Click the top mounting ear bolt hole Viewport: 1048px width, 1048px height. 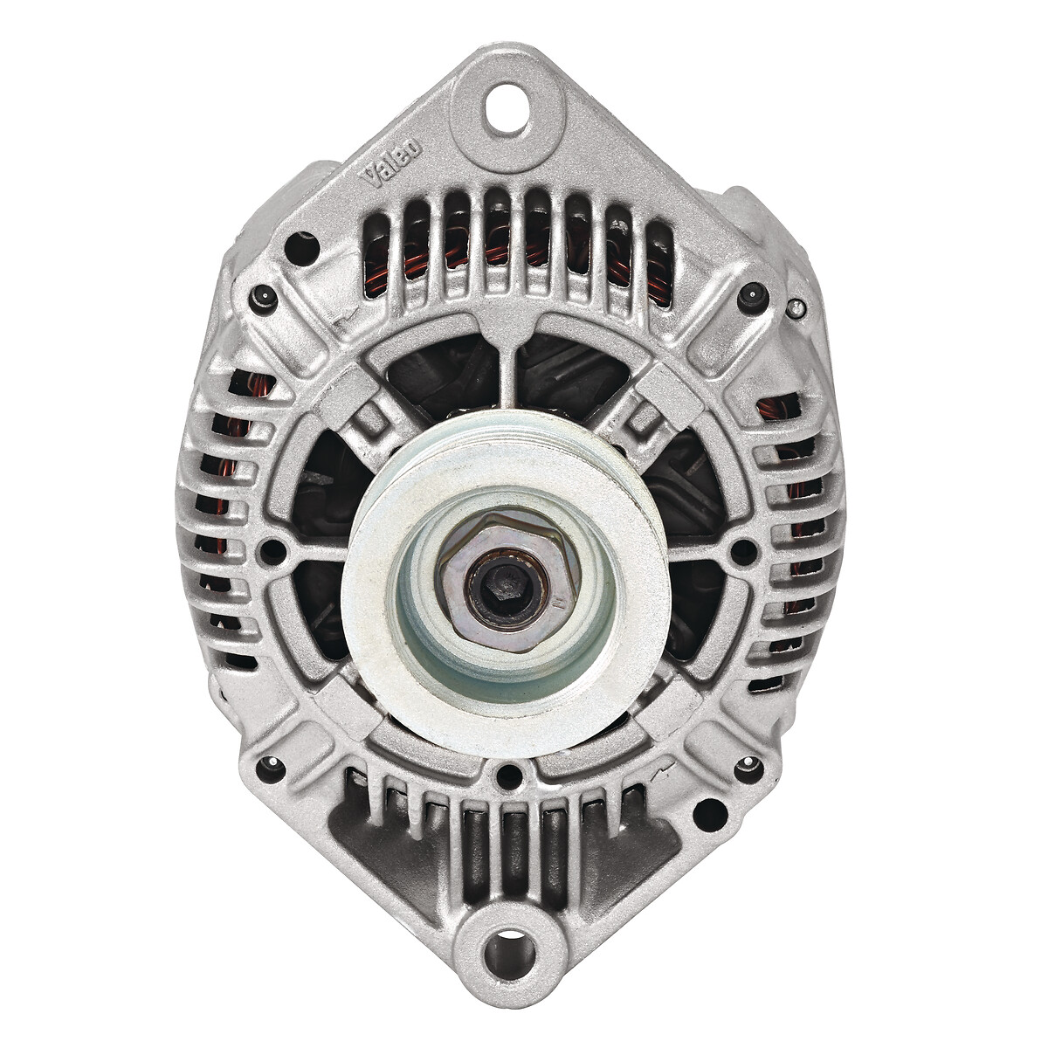507,108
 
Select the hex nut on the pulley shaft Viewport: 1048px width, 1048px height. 509,582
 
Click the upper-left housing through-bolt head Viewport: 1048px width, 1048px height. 263,299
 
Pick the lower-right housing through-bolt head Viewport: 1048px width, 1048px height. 748,769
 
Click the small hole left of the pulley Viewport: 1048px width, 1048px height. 273,551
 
